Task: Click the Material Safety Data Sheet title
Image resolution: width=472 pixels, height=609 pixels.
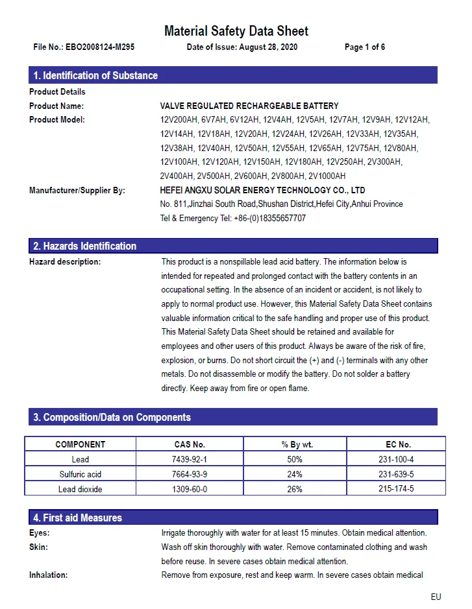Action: click(x=236, y=30)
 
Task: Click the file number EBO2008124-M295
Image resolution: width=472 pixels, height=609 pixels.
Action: click(x=100, y=47)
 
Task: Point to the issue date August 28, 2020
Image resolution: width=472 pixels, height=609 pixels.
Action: click(x=268, y=47)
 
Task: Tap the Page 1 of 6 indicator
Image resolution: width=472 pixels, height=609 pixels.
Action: click(x=365, y=47)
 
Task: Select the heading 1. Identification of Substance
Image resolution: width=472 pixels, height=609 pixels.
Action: click(x=95, y=75)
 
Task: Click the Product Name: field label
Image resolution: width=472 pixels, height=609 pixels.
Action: click(x=56, y=106)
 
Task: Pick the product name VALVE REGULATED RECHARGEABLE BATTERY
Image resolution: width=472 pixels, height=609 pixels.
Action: click(x=249, y=106)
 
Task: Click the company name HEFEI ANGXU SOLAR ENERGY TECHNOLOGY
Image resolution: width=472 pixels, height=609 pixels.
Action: click(x=262, y=190)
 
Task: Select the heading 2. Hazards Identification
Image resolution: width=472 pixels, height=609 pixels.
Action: click(x=85, y=246)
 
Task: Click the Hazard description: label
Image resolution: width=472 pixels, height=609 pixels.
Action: click(x=65, y=262)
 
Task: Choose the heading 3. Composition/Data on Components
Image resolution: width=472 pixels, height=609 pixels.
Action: click(x=112, y=417)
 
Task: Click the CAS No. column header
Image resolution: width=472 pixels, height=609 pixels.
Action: click(x=190, y=444)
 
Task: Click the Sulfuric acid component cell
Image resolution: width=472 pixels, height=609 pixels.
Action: click(x=81, y=474)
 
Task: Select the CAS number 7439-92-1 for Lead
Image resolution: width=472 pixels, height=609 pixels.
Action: click(x=190, y=459)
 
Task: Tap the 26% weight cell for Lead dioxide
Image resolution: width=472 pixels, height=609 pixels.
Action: click(x=295, y=489)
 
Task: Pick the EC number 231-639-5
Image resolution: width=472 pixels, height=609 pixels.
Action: click(x=396, y=474)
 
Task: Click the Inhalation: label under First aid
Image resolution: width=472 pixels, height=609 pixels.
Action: click(x=49, y=575)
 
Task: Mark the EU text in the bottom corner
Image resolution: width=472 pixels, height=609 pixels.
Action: click(x=436, y=597)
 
